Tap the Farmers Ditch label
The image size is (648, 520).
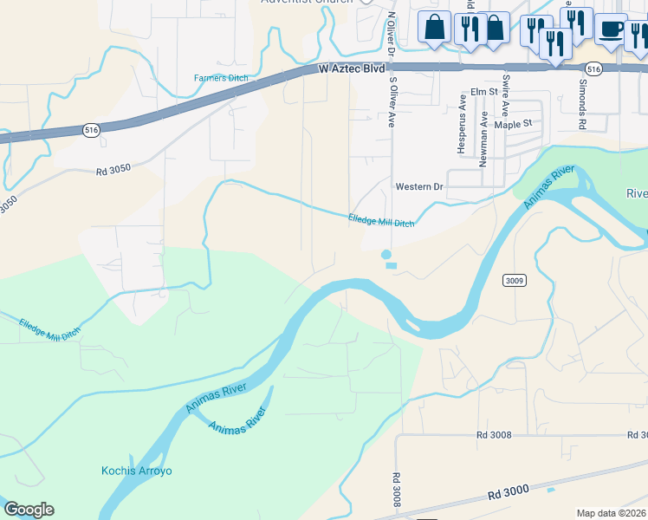point(220,79)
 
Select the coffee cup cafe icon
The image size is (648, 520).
point(610,29)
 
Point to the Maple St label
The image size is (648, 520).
point(512,124)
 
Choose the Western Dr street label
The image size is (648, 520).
point(419,186)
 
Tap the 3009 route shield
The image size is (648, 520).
point(514,280)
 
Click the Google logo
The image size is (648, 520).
point(29,510)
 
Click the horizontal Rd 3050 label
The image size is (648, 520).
point(113,169)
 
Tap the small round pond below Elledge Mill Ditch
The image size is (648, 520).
point(386,255)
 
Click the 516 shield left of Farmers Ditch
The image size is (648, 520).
point(91,129)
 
